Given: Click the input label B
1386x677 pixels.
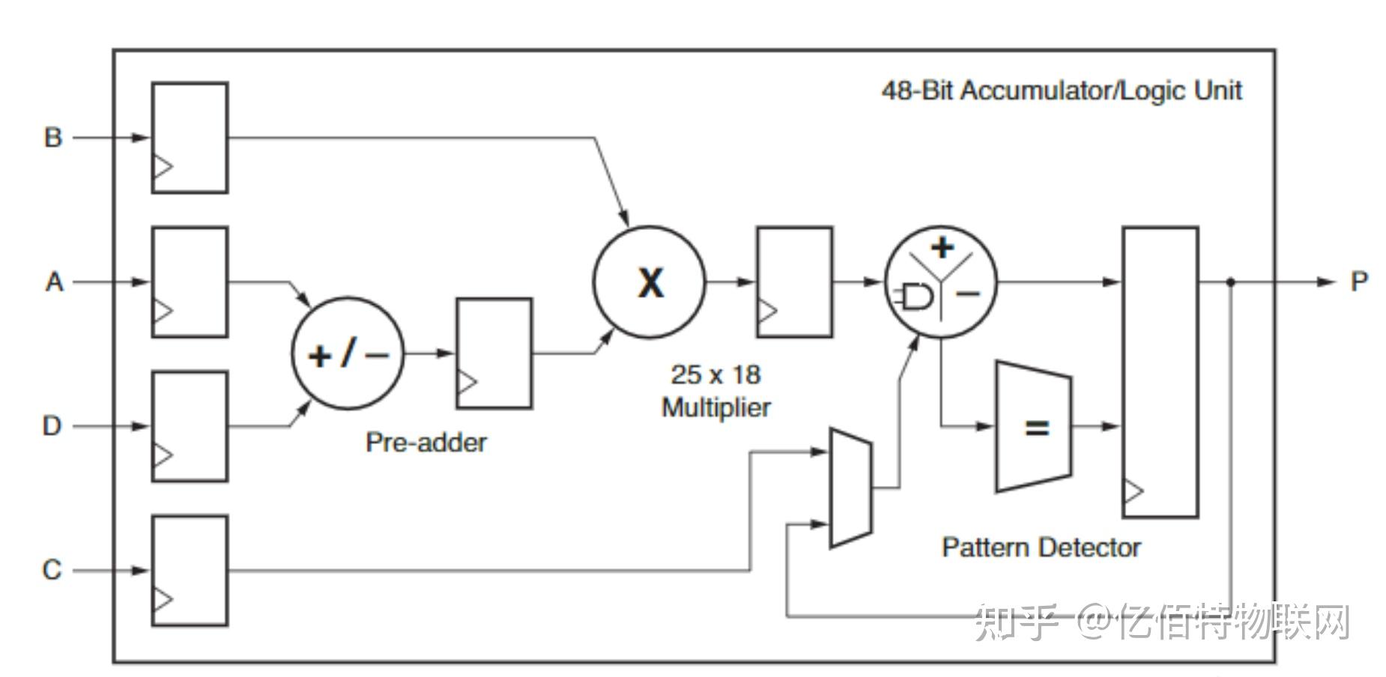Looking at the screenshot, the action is click(52, 138).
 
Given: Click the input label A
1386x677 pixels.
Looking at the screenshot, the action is click(54, 282).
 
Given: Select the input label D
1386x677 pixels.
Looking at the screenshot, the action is click(52, 426).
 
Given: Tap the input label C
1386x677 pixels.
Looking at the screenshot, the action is click(52, 570).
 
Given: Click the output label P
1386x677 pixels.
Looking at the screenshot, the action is click(1359, 282).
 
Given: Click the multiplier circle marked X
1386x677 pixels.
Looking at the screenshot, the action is click(650, 282).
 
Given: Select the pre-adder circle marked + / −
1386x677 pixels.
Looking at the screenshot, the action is click(348, 353).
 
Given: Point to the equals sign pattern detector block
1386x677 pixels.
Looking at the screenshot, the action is click(1034, 427).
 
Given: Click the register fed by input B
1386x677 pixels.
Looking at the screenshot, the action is click(190, 138).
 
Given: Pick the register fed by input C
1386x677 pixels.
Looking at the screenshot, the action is click(190, 571).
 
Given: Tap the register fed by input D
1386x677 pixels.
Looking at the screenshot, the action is click(190, 426).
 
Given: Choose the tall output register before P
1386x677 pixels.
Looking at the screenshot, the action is click(1160, 372).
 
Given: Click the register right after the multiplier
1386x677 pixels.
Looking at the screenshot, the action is click(795, 282).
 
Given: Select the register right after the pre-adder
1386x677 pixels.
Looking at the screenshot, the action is click(494, 353).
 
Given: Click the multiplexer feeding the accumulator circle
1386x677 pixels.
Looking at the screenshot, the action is click(851, 488).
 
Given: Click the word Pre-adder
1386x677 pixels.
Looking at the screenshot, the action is click(426, 443).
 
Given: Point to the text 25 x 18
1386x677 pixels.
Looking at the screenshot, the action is click(715, 374).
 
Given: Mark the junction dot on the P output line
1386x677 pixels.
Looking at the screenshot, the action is click(1230, 282).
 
